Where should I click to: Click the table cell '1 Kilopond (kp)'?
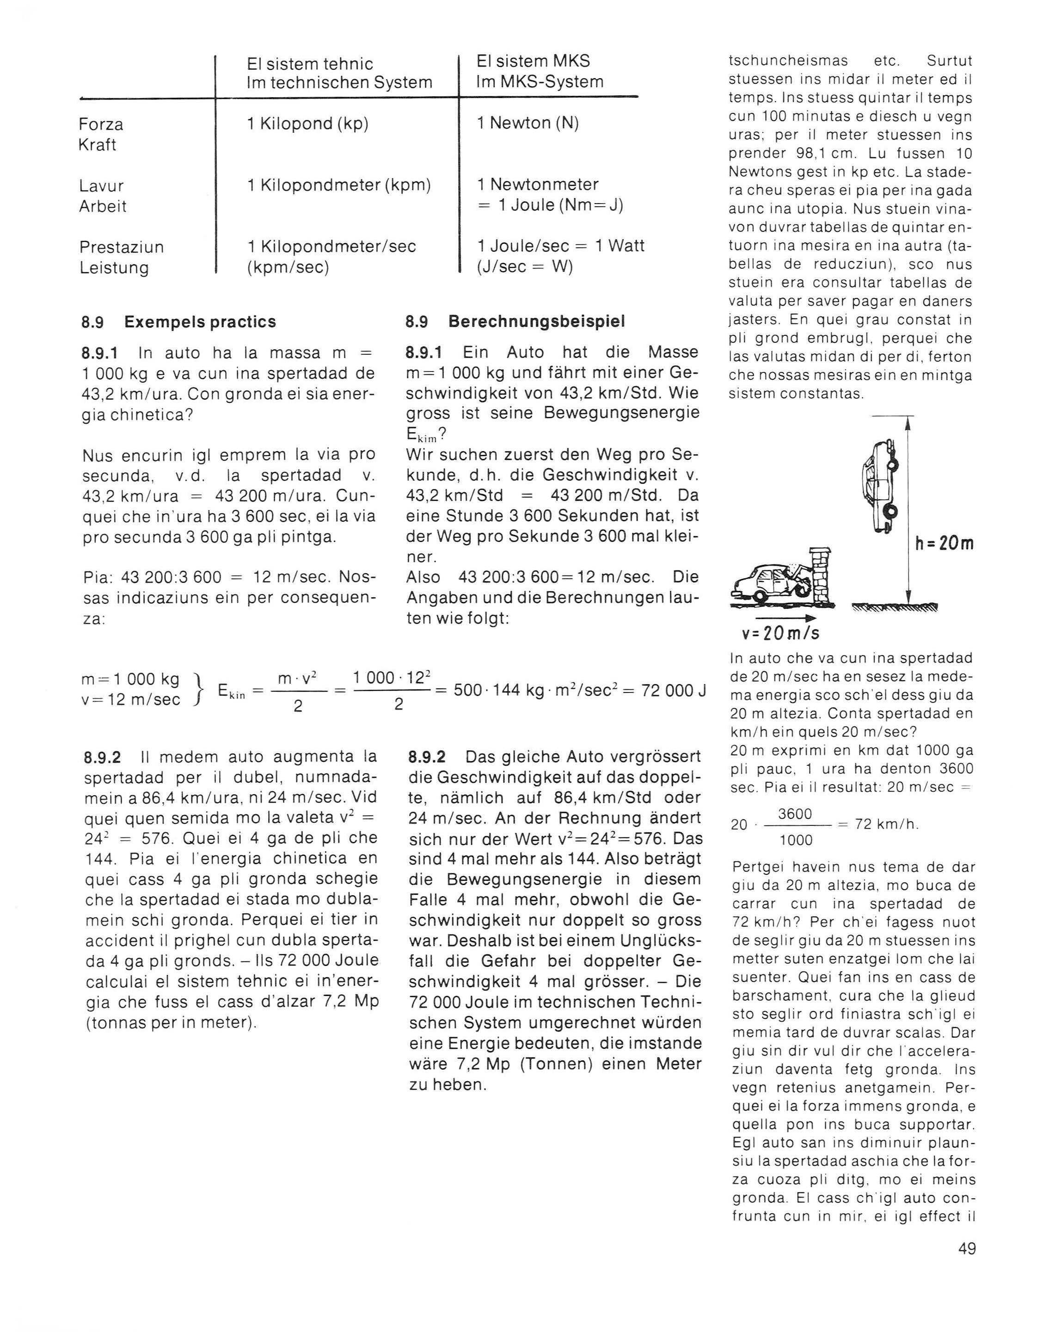pyautogui.click(x=307, y=124)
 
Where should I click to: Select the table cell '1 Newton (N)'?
pyautogui.click(x=528, y=124)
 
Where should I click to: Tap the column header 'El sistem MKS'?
pyautogui.click(x=533, y=61)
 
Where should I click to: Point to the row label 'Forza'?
pyautogui.click(x=101, y=125)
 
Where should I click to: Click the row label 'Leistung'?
pyautogui.click(x=114, y=268)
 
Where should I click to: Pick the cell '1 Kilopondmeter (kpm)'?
pyautogui.click(x=339, y=185)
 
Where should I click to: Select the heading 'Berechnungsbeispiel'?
pyautogui.click(x=537, y=322)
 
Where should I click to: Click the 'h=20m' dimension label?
pyautogui.click(x=944, y=544)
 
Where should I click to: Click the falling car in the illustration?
pyautogui.click(x=879, y=485)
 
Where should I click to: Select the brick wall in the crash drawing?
pyautogui.click(x=819, y=574)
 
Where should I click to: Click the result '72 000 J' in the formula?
pyautogui.click(x=673, y=691)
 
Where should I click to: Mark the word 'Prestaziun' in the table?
pyautogui.click(x=121, y=248)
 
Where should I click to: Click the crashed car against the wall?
pyautogui.click(x=768, y=583)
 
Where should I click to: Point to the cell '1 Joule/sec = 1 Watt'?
pyautogui.click(x=560, y=246)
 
